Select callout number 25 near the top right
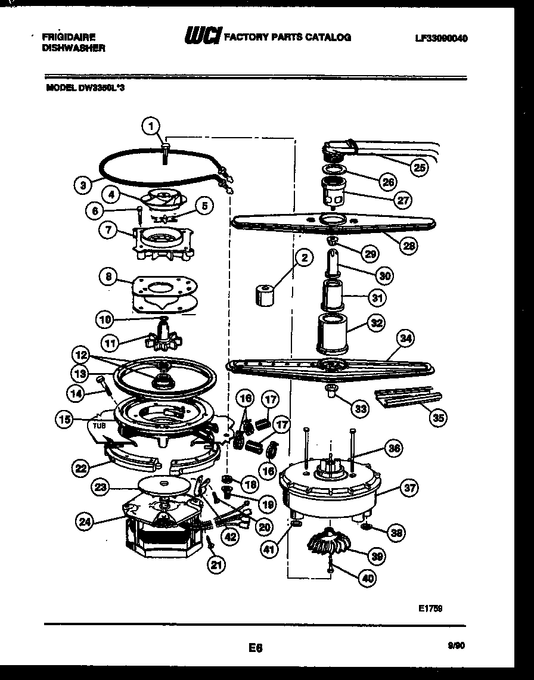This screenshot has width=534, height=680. coord(420,168)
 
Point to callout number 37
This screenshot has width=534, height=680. coord(409,489)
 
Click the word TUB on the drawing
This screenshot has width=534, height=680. coord(98,426)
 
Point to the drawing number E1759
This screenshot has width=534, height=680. coord(430,608)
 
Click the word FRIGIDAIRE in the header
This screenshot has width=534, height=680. coord(69,37)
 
